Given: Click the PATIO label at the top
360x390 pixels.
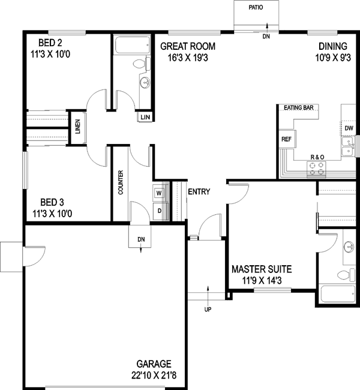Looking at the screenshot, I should click(x=256, y=8).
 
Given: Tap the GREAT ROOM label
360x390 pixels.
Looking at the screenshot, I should click(x=188, y=46).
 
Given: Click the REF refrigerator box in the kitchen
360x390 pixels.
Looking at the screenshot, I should click(x=286, y=139).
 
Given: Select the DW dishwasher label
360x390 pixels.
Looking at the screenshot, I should click(x=349, y=128).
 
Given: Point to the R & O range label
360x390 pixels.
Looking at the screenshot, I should click(x=317, y=157).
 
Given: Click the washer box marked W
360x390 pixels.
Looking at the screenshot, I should click(x=159, y=193).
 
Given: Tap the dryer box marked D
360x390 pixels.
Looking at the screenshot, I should click(x=159, y=211).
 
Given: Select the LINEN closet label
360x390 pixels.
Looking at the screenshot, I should click(x=77, y=128).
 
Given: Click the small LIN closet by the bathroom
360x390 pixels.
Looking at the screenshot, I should click(x=145, y=116).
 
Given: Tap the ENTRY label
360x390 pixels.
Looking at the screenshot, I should click(x=199, y=192).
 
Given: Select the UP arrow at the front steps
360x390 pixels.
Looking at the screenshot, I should click(x=208, y=308).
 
